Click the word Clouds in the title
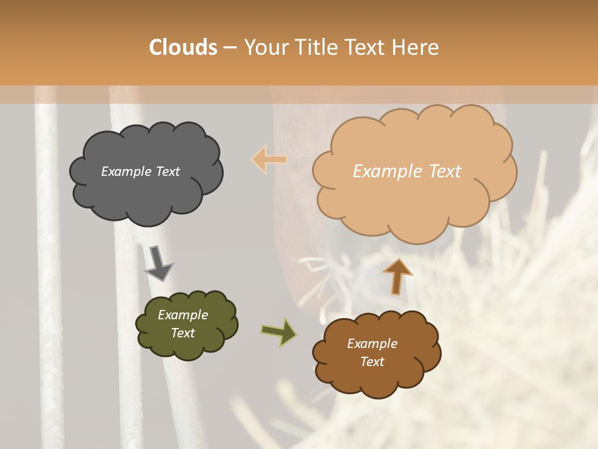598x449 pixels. (183, 47)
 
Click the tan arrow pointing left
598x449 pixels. (269, 160)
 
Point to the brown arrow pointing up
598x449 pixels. (397, 276)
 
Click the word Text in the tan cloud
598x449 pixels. (440, 171)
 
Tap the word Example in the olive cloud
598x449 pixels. (183, 315)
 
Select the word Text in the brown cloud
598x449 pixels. (372, 362)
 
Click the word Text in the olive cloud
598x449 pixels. (183, 333)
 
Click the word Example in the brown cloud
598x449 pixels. (372, 344)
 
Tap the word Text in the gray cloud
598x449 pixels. (167, 171)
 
